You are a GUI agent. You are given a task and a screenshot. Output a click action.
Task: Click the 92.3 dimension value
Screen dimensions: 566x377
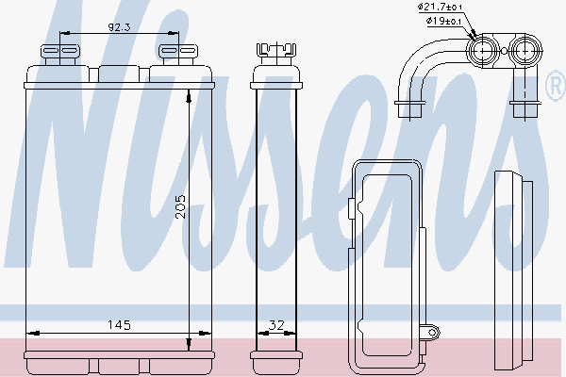pyautogui.click(x=119, y=27)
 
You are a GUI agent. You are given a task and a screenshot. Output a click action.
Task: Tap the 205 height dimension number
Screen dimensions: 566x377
pyautogui.click(x=180, y=207)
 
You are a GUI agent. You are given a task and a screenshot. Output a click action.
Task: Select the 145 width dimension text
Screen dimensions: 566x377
pyautogui.click(x=119, y=325)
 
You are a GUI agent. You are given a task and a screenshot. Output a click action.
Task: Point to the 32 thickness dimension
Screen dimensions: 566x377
pyautogui.click(x=276, y=325)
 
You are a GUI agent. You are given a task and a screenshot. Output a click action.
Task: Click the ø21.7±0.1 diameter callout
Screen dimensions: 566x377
pyautogui.click(x=440, y=7)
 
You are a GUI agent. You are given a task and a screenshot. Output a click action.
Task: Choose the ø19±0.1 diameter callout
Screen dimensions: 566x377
pyautogui.click(x=443, y=21)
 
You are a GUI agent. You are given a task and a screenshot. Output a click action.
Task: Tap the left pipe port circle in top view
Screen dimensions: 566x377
pyautogui.click(x=483, y=51)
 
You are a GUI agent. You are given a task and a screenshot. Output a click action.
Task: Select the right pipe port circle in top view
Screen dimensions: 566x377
pyautogui.click(x=525, y=51)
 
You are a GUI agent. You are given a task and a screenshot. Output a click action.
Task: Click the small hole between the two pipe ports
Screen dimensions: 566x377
pyautogui.click(x=504, y=52)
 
